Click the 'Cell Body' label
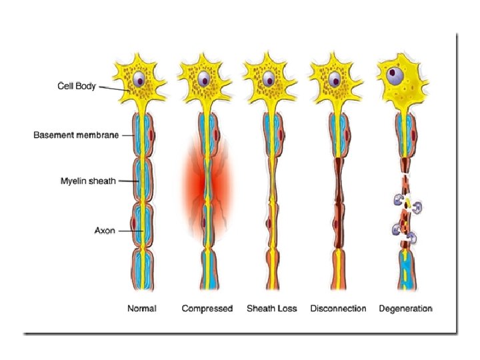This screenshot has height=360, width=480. click(77, 86)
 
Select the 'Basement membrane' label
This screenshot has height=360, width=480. click(76, 135)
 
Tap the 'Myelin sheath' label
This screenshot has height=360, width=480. click(89, 181)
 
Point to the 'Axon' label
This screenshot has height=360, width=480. click(105, 230)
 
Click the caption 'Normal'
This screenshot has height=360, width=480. click(141, 309)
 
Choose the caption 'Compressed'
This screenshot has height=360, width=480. click(207, 309)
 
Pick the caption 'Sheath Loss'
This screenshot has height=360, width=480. click(272, 309)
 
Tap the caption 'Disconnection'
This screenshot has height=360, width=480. click(338, 309)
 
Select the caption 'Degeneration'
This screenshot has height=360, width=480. click(405, 309)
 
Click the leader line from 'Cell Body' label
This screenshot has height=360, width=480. click(113, 89)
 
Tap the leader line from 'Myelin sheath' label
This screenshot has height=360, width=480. click(127, 181)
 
